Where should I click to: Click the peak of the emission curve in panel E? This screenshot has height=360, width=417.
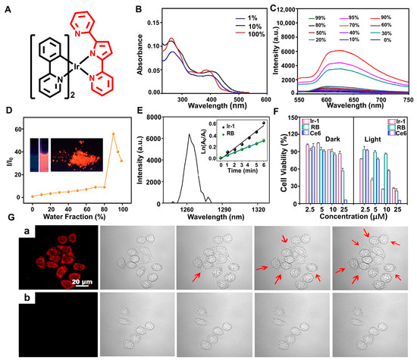click(x=190, y=134)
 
